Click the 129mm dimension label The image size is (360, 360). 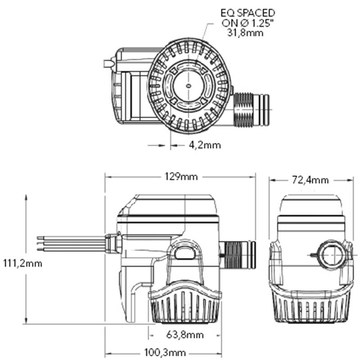coord(180,176)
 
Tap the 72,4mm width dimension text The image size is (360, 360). coord(310,180)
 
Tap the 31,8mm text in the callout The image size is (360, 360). coord(245,33)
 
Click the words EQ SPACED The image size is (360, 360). coord(247,13)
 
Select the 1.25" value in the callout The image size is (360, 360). coord(254,23)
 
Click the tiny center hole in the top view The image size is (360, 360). coord(189,85)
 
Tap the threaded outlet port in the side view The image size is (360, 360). coord(238,255)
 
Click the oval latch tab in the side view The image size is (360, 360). coord(184,253)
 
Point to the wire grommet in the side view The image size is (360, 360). coord(113,243)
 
